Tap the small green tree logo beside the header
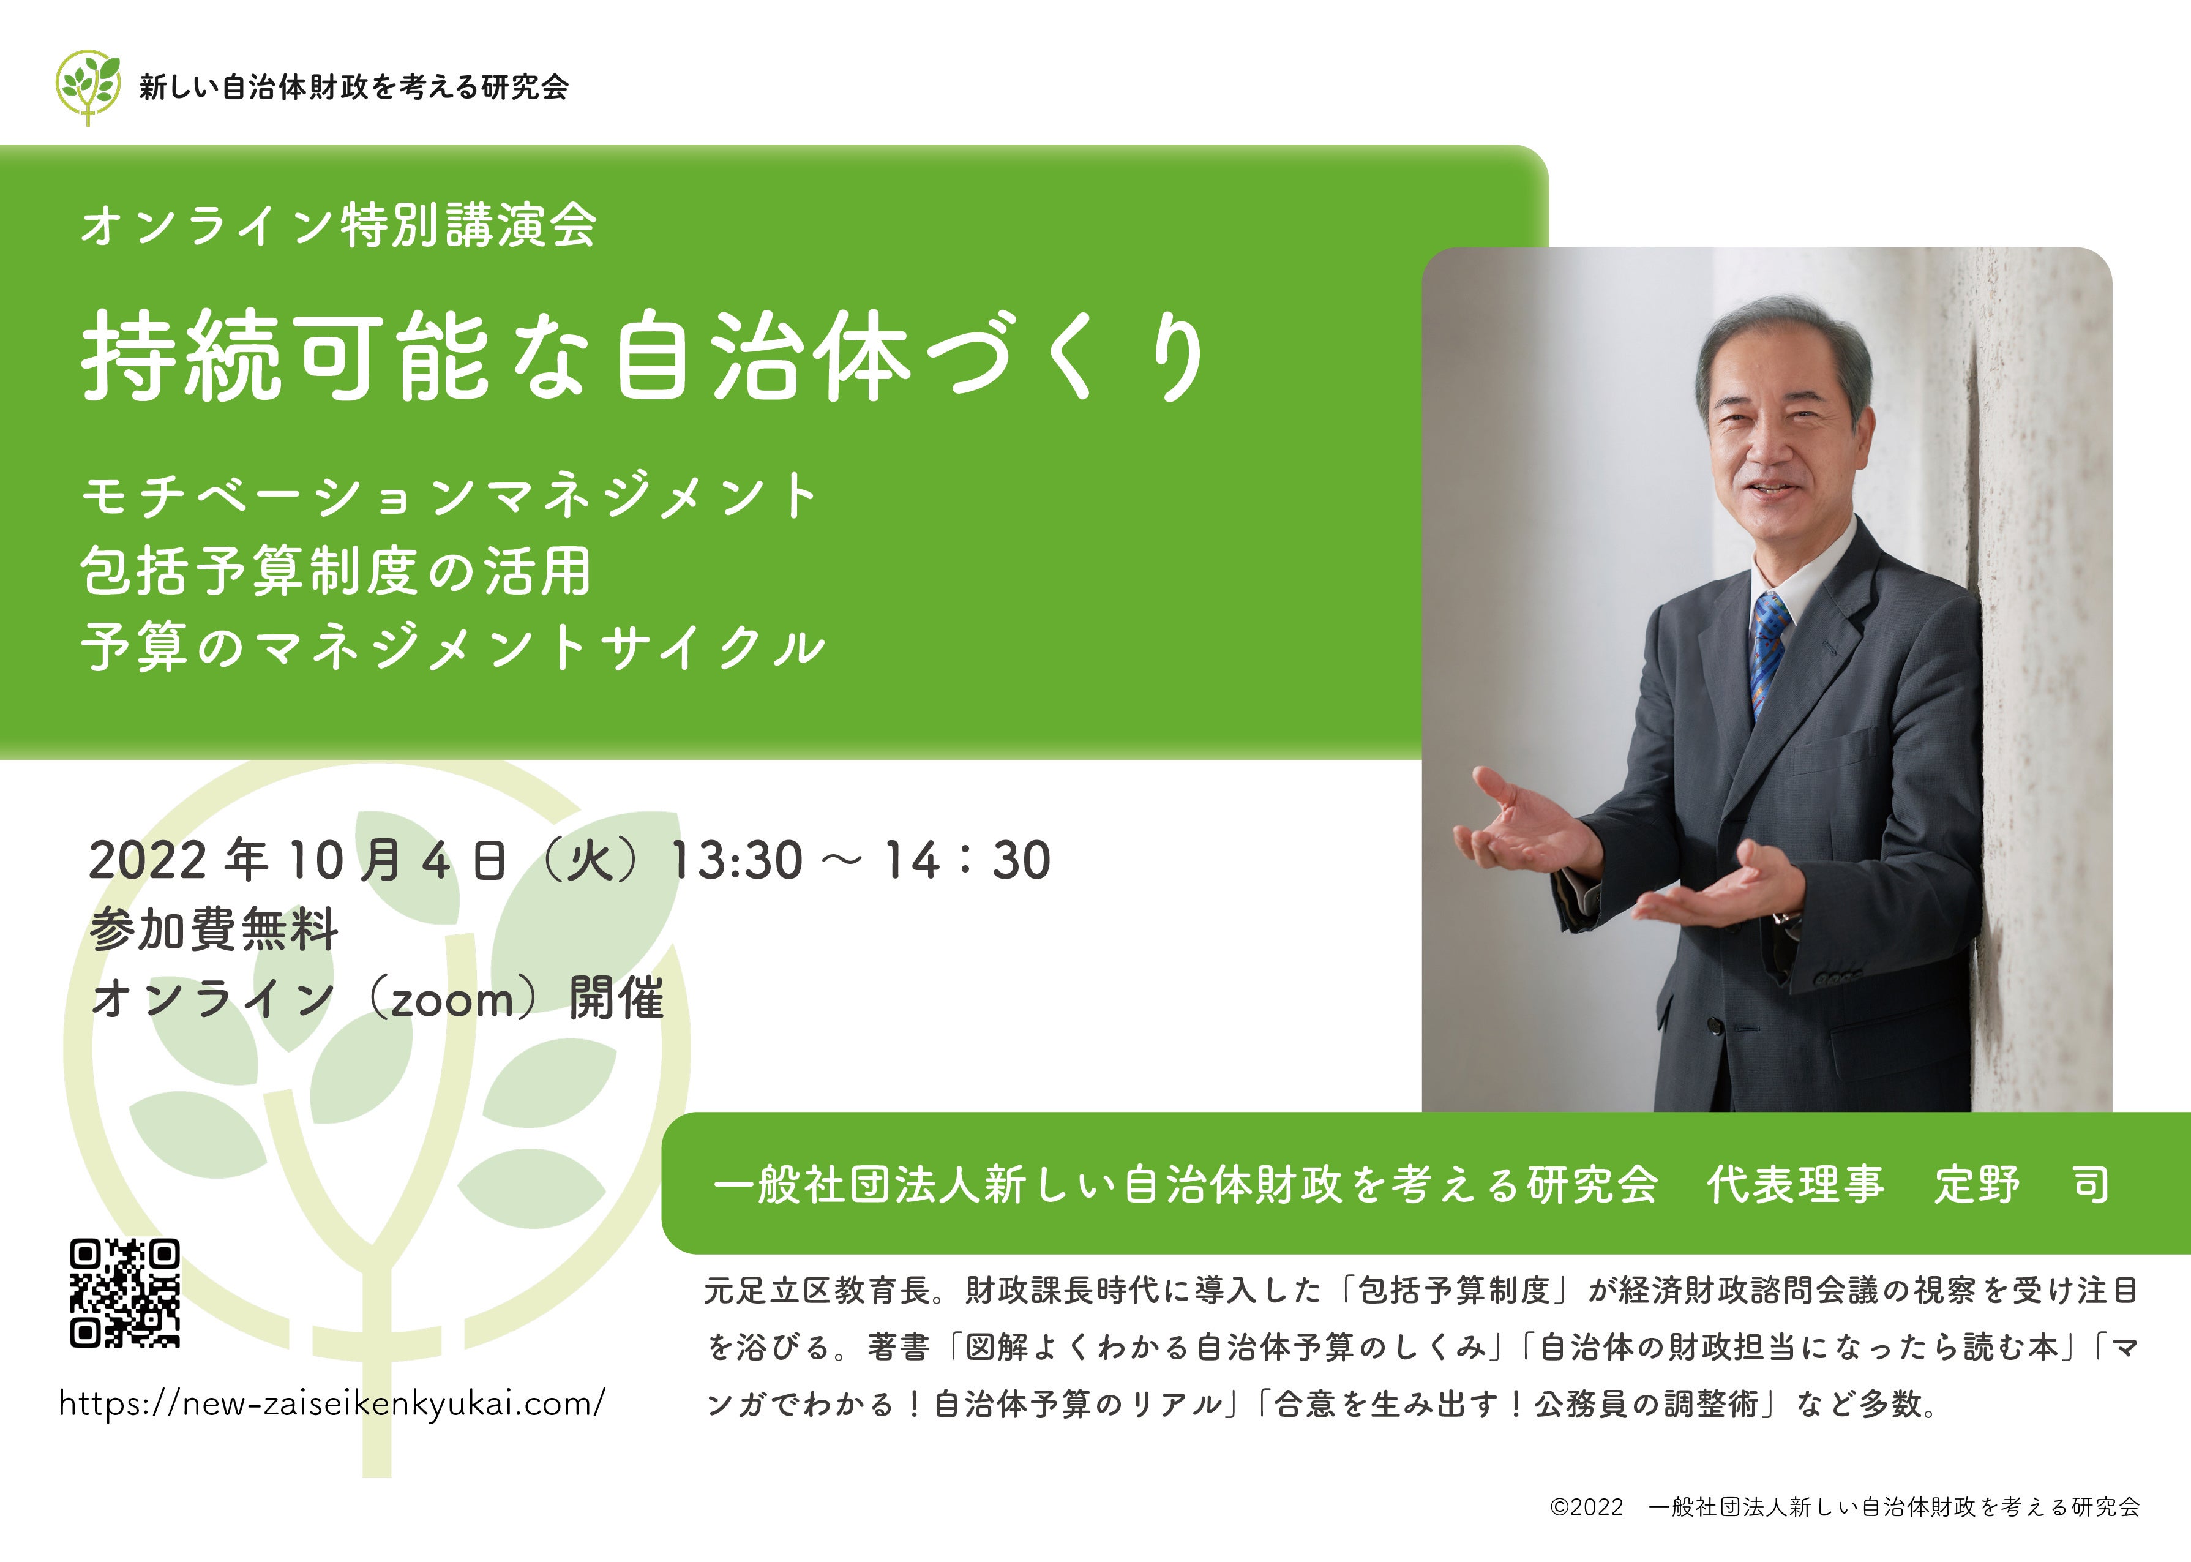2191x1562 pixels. (x=88, y=86)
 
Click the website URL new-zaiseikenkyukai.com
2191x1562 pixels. (x=332, y=1403)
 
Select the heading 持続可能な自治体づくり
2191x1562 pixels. (x=643, y=356)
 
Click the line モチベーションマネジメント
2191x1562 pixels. (x=449, y=497)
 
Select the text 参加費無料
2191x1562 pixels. (x=214, y=930)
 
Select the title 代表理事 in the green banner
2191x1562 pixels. (x=1795, y=1184)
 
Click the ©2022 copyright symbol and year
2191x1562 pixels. (x=1586, y=1507)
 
